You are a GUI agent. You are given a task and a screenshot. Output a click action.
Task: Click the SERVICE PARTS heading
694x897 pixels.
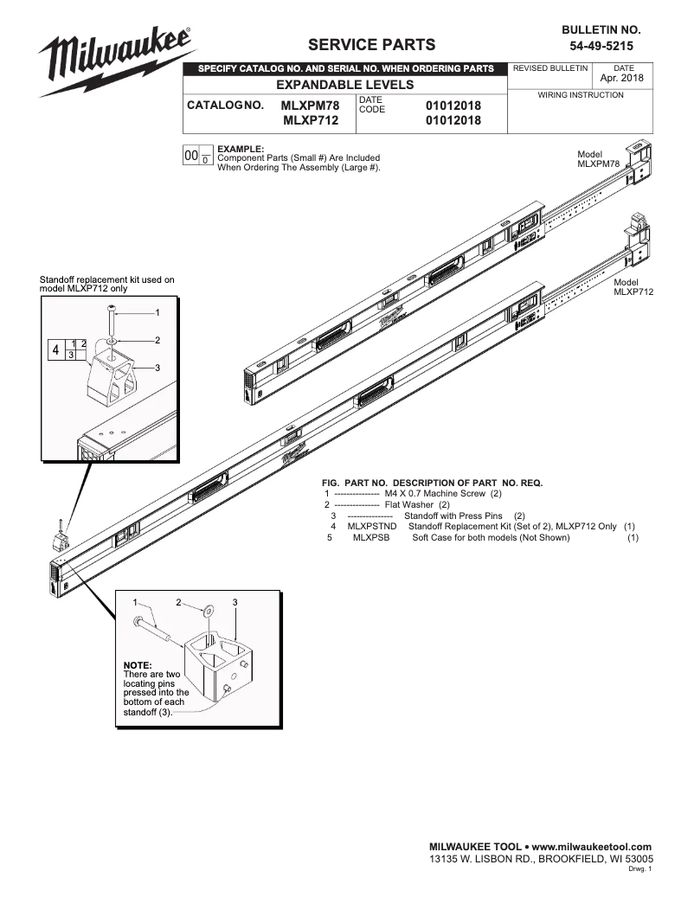point(372,45)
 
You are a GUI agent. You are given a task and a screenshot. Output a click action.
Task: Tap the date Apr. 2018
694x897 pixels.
point(622,79)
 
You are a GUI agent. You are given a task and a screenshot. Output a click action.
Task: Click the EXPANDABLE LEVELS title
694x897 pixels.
point(344,85)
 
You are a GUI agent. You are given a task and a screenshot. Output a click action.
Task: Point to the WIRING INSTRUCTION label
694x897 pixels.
point(581,94)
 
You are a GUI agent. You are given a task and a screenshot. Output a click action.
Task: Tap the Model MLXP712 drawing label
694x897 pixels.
point(633,287)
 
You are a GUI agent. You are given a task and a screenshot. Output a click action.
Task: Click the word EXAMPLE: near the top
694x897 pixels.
point(240,149)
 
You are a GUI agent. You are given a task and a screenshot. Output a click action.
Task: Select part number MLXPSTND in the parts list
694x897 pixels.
point(371,526)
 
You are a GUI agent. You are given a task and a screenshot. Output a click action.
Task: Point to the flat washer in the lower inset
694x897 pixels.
point(209,613)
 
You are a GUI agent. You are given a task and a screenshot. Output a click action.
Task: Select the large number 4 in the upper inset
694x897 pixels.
point(56,350)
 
